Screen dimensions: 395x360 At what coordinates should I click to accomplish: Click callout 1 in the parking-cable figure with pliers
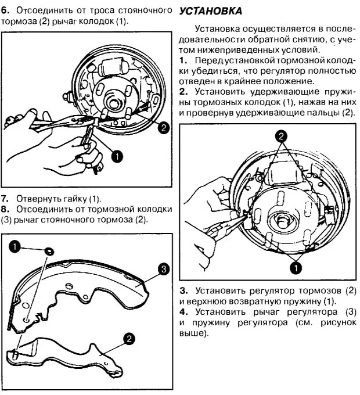click(116, 156)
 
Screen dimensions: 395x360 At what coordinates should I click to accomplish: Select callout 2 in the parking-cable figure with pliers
click(164, 128)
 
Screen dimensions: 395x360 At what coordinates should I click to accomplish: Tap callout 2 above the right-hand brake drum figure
click(281, 136)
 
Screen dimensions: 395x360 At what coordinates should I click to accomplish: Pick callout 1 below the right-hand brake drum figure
click(295, 267)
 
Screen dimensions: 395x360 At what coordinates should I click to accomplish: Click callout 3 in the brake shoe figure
click(163, 268)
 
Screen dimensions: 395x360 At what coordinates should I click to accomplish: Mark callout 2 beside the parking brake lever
click(129, 339)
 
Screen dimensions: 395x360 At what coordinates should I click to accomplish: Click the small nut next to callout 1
click(49, 250)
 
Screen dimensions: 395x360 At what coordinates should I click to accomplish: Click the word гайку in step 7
click(75, 198)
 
